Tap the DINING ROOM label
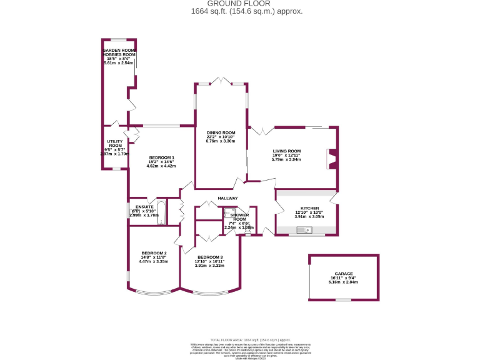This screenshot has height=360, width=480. tap(221, 132)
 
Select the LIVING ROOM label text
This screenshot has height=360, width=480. tap(286, 151)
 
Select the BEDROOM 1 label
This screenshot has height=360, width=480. tap(161, 157)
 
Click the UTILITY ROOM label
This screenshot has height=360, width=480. tap(114, 144)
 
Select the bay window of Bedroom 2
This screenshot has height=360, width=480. tap(153, 293)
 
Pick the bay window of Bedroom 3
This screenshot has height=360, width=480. tap(209, 293)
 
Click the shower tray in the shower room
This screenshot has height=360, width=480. tap(229, 213)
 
